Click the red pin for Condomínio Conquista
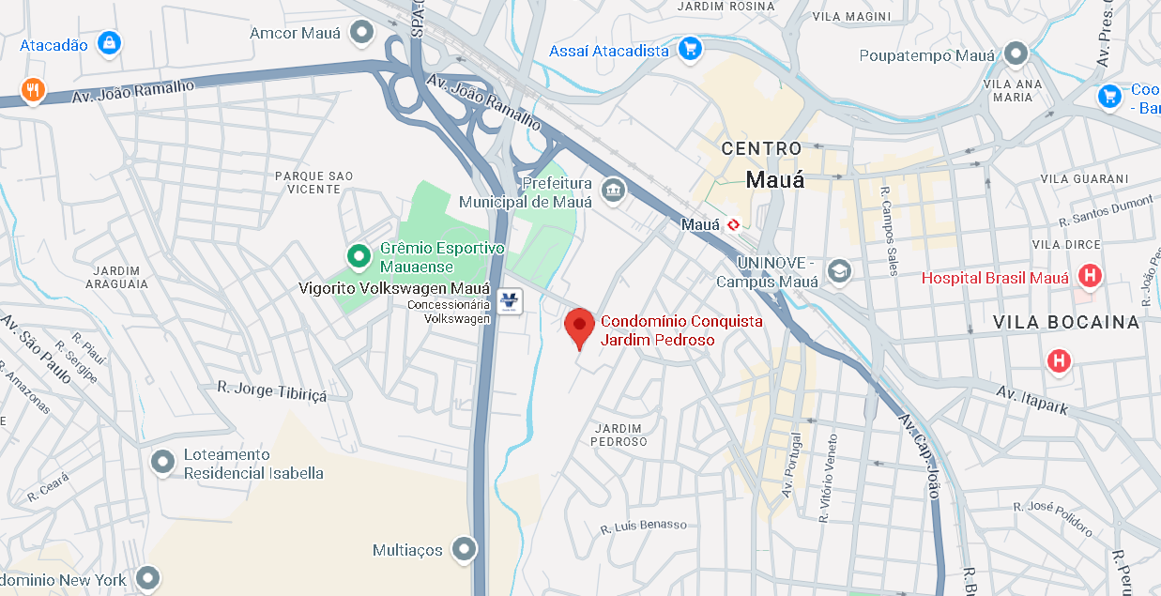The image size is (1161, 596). coord(580,325)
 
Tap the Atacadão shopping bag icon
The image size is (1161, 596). coord(111,43)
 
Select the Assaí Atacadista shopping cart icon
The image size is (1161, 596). coord(691,49)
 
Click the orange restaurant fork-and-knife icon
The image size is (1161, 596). coord(34,90)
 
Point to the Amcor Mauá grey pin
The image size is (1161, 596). coord(361,34)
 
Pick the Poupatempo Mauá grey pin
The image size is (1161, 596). coord(1016,53)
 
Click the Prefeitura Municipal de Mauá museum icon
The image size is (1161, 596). coord(614,190)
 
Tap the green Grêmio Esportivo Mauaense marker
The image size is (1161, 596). coord(358,254)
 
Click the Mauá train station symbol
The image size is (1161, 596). coord(733,224)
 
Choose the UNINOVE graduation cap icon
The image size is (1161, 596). coord(838,272)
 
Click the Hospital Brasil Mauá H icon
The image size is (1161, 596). coord(1090,277)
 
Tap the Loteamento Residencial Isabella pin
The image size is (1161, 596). coord(163,462)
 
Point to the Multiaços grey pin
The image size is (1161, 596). coord(463,548)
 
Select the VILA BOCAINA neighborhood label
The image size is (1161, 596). coord(1066,322)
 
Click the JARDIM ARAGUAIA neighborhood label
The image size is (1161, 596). coord(117,277)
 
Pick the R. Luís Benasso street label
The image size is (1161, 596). coord(644,527)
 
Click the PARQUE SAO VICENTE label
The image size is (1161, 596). coord(313,182)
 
